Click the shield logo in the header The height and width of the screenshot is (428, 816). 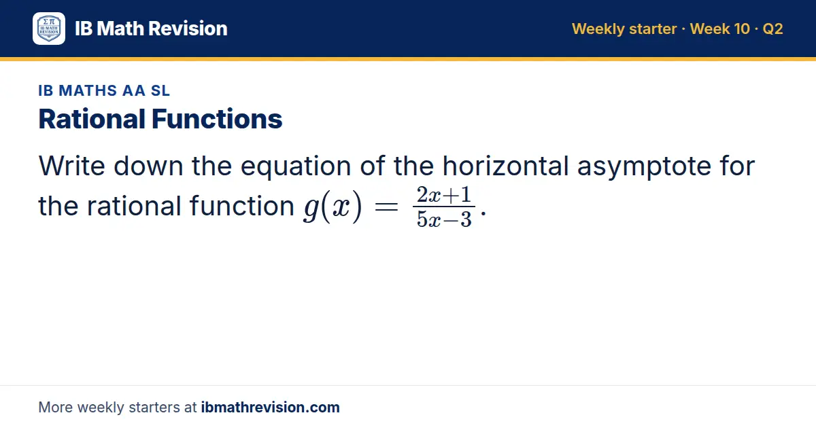click(49, 29)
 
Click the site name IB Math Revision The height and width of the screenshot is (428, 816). click(151, 29)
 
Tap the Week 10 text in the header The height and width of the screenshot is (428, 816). click(720, 29)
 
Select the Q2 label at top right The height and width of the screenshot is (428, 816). click(772, 29)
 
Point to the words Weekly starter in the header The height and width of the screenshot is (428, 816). click(624, 29)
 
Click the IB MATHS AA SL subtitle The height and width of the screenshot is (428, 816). click(104, 90)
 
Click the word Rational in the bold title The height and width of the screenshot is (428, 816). click(92, 119)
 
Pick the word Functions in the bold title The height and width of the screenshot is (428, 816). click(217, 119)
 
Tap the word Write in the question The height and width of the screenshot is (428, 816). click(72, 166)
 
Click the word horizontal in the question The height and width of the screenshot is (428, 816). click(506, 166)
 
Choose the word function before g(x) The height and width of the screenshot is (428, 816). click(242, 206)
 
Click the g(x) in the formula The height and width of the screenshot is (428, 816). click(333, 207)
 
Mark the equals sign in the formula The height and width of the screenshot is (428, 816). click(386, 207)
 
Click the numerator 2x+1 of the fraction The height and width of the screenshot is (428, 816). click(444, 195)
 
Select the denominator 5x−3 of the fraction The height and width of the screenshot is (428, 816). click(444, 219)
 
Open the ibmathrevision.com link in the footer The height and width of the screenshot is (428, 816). click(271, 407)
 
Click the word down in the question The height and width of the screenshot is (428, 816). click(148, 166)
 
